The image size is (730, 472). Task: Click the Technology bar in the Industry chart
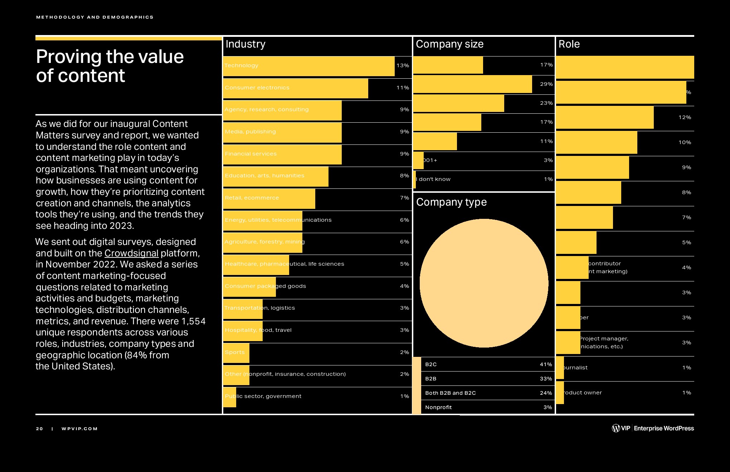click(308, 66)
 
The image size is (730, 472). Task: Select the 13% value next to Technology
click(403, 65)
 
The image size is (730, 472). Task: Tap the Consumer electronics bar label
click(257, 88)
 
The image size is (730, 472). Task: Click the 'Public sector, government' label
click(263, 396)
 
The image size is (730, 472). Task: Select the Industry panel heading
click(245, 44)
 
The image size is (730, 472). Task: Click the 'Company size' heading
click(449, 44)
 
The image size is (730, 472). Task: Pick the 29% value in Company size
click(546, 84)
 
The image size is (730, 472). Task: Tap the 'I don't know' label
click(434, 179)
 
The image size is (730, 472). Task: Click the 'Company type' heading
click(451, 202)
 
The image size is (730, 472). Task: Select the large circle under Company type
click(484, 283)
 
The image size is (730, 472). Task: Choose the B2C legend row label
click(431, 364)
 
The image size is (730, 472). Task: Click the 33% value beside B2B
click(546, 379)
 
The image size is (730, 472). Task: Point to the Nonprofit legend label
click(438, 407)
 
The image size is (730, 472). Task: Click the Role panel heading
click(569, 44)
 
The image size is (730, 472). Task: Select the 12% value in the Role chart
click(685, 117)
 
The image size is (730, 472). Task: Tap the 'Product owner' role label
click(583, 393)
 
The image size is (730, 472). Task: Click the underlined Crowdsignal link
click(131, 253)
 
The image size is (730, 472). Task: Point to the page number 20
click(39, 429)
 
